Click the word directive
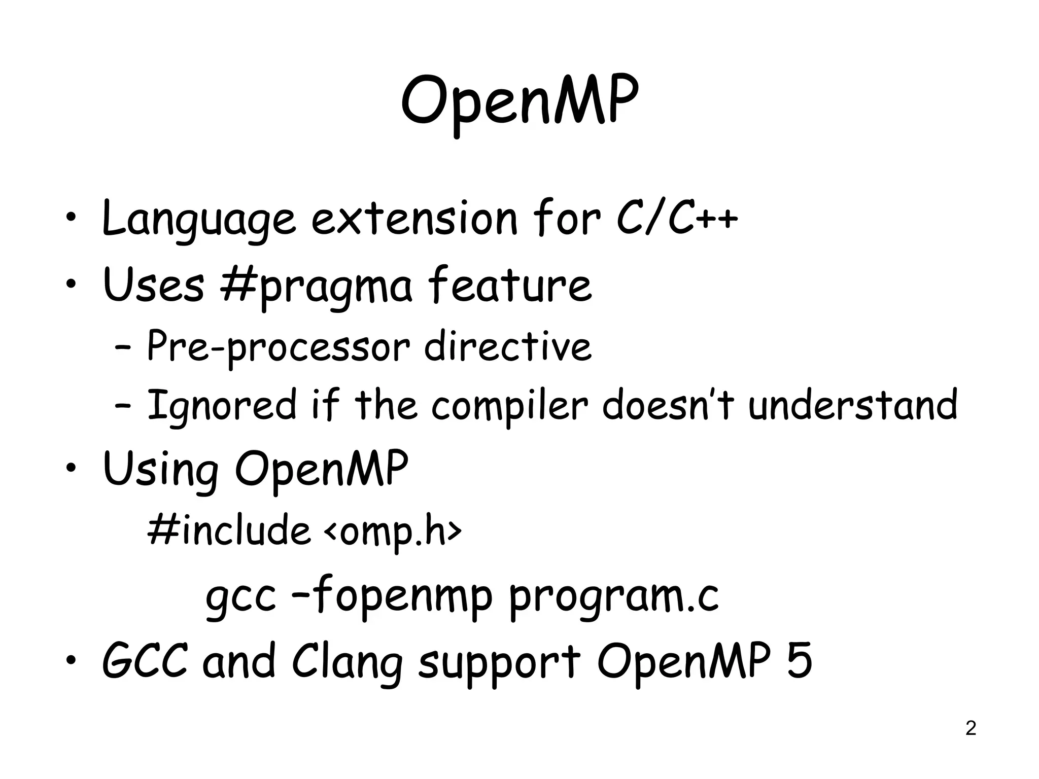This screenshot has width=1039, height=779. pyautogui.click(x=507, y=346)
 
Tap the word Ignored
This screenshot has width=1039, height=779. pyautogui.click(x=221, y=406)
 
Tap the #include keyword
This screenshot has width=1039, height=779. pyautogui.click(x=228, y=529)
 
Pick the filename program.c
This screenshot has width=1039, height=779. pyautogui.click(x=613, y=597)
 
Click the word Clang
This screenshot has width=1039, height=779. pyautogui.click(x=347, y=662)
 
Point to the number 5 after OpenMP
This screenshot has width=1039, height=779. pyautogui.click(x=799, y=660)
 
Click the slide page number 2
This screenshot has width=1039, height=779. pyautogui.click(x=971, y=728)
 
